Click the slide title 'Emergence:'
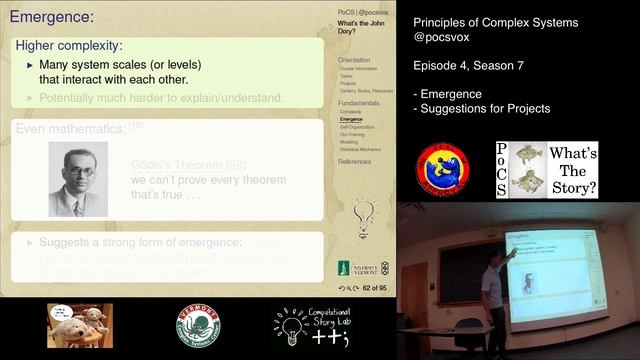(x=51, y=17)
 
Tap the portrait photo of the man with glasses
(x=77, y=179)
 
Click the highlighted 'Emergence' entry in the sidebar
(x=351, y=119)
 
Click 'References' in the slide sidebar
(x=354, y=161)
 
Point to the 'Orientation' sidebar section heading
(x=354, y=60)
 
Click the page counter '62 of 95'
(x=375, y=287)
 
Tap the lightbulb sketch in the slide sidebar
(x=365, y=213)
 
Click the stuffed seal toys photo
(x=79, y=325)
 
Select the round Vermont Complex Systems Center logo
(x=198, y=326)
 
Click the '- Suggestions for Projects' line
(x=481, y=108)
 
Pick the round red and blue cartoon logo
(x=443, y=169)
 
